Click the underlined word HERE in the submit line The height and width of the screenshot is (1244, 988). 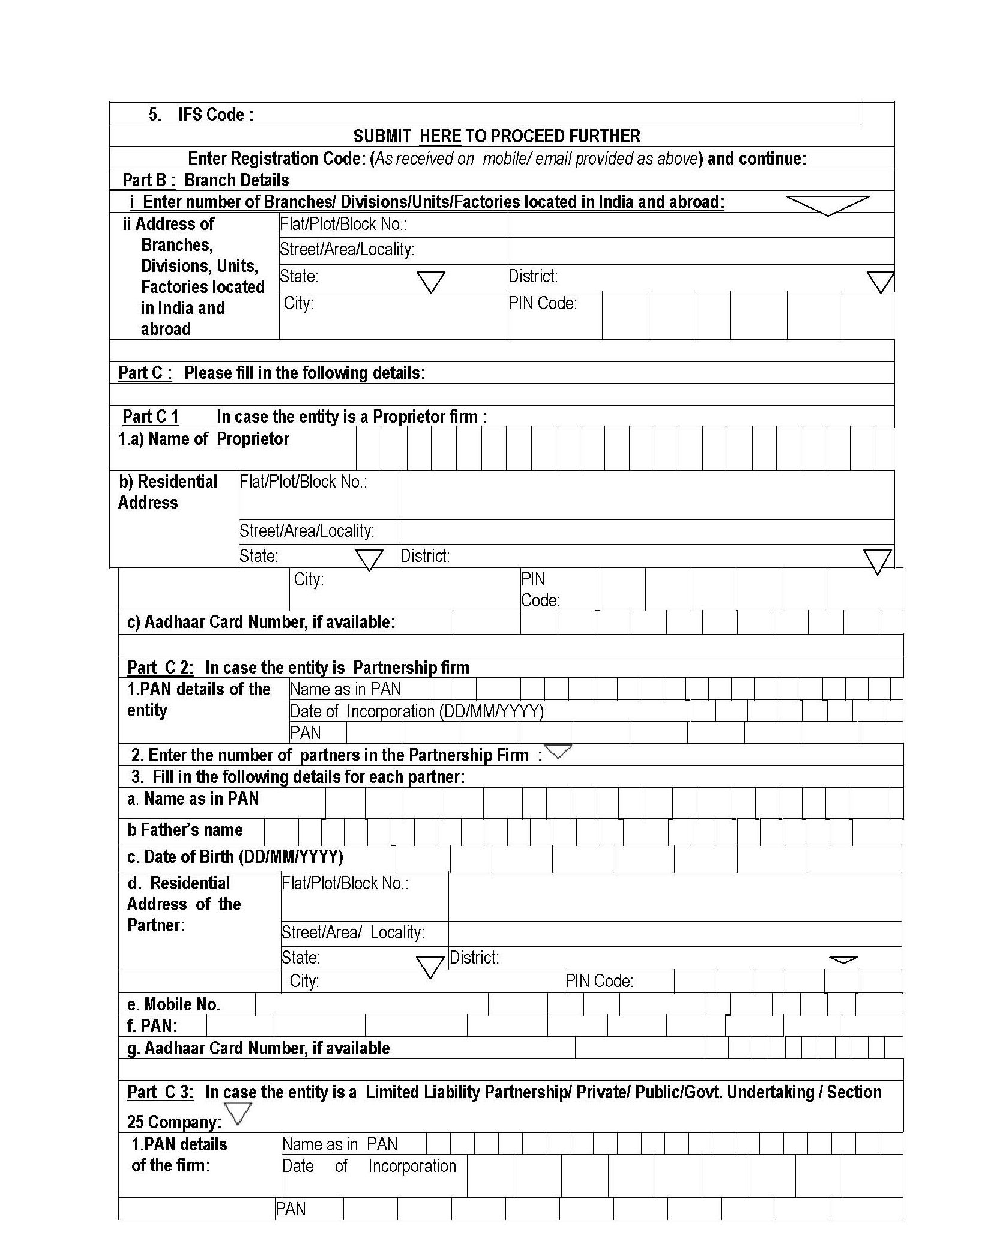[440, 136]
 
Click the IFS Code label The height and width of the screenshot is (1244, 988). [215, 115]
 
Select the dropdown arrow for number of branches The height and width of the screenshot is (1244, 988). [827, 204]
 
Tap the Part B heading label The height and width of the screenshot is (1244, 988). [149, 180]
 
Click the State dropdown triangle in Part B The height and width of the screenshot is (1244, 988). [430, 282]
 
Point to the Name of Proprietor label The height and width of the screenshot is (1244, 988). [203, 439]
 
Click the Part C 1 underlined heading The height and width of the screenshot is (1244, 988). [151, 417]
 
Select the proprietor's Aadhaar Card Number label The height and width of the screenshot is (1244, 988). [261, 622]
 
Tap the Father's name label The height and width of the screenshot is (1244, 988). [185, 830]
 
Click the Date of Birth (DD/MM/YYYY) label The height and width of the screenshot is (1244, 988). [235, 857]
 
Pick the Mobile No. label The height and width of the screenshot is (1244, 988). [173, 1004]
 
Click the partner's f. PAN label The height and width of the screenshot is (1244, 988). [152, 1026]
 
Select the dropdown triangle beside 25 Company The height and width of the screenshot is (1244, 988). [238, 1113]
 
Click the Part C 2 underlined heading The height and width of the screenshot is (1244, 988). [160, 668]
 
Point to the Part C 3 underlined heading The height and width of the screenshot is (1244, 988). [160, 1092]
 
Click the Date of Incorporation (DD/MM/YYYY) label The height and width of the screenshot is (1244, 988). [417, 711]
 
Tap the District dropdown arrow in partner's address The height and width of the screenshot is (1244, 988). [843, 960]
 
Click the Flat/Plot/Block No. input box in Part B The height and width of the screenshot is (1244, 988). [700, 225]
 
